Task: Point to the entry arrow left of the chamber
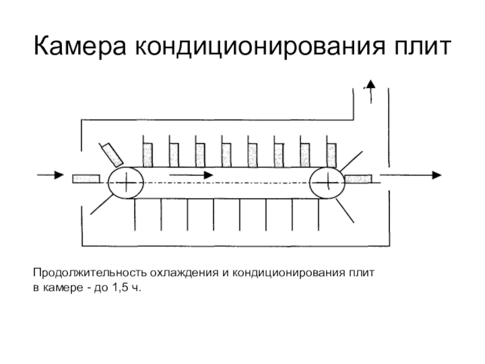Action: click(50, 175)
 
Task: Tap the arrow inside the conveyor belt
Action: click(190, 175)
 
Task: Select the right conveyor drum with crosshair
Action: click(327, 181)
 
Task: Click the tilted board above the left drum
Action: click(112, 154)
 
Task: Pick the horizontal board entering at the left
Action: click(85, 178)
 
